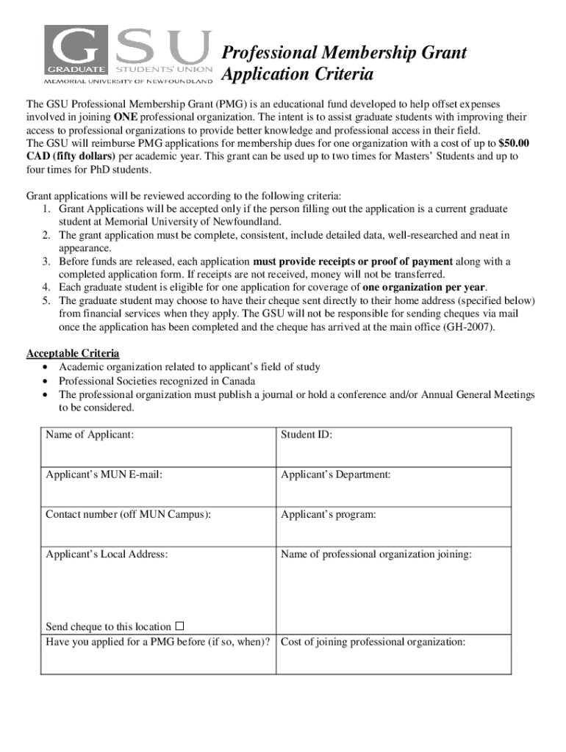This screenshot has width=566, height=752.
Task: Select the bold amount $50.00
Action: point(514,143)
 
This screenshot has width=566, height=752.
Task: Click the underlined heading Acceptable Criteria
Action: point(73,353)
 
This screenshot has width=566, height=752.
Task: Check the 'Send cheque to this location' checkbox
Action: point(179,626)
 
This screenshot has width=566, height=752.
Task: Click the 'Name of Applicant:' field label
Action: point(90,435)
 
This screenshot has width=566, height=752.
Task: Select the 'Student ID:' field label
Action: point(306,435)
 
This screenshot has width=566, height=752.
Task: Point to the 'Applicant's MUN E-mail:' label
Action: point(104,474)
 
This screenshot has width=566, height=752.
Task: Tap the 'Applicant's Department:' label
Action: point(335,474)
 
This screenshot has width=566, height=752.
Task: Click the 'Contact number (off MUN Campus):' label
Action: point(128,514)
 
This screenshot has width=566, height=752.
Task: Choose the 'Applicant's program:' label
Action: point(328,514)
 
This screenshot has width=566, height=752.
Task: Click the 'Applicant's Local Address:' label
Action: point(107,554)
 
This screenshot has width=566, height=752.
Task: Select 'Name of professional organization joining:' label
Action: point(376,554)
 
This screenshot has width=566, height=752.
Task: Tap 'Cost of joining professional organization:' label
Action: point(373,642)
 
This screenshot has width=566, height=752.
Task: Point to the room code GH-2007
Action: point(468,327)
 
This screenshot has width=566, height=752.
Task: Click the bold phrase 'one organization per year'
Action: point(424,287)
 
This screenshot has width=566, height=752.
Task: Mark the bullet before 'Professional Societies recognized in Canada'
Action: point(47,381)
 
